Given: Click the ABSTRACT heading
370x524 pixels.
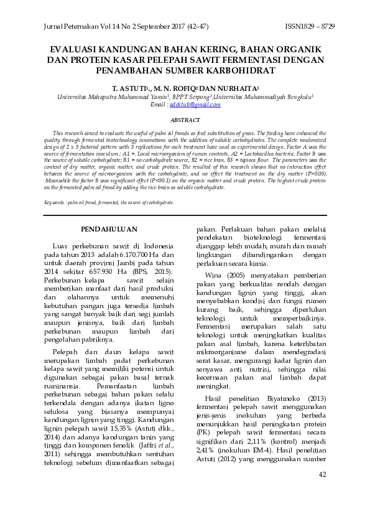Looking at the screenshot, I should pos(185,120).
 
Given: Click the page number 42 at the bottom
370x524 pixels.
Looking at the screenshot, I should pos(321,492).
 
